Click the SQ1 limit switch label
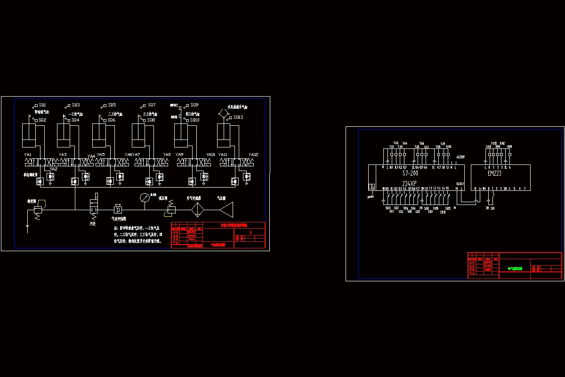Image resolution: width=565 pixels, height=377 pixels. (42, 105)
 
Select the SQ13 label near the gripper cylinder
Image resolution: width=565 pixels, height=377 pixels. (238, 117)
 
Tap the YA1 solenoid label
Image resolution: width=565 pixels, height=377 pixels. (28, 155)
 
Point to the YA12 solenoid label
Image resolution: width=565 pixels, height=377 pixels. (253, 155)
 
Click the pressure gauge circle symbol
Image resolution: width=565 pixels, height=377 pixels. (145, 197)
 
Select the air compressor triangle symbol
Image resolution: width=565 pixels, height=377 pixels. (227, 209)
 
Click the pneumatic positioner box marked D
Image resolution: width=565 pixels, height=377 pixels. (118, 209)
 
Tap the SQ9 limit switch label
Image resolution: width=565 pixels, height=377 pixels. (194, 105)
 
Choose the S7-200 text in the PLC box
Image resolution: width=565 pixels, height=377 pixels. (410, 173)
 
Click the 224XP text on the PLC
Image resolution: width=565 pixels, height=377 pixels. (410, 183)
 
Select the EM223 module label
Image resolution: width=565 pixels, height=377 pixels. (494, 173)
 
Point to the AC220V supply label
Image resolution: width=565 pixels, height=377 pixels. (460, 157)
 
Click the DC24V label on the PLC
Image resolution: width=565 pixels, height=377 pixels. (460, 184)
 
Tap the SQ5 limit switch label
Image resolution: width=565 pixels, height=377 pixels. (112, 105)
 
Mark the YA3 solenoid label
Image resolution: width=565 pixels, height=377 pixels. (63, 155)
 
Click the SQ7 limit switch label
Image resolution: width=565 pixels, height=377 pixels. (152, 105)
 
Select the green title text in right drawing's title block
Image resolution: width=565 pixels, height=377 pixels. (515, 269)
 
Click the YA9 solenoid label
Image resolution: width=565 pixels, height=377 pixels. (179, 155)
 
